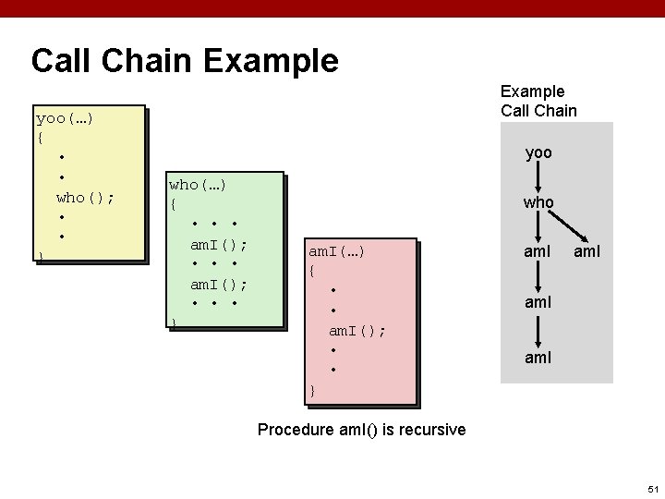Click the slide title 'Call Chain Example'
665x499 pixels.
[x=185, y=61]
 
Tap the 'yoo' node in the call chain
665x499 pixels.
[x=538, y=152]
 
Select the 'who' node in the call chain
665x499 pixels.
[x=538, y=201]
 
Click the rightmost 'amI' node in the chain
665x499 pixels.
[x=587, y=250]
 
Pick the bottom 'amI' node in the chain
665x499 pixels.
[x=538, y=355]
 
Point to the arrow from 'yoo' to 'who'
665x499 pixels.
[x=538, y=177]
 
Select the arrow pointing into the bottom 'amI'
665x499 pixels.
[x=538, y=328]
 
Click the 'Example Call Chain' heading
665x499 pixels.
[x=538, y=101]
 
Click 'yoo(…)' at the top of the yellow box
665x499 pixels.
[x=65, y=118]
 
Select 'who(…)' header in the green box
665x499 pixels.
[x=198, y=185]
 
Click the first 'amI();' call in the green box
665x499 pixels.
[x=218, y=245]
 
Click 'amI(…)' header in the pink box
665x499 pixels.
[x=336, y=251]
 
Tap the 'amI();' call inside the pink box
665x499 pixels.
[x=357, y=330]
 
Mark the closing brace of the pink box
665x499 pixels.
[x=312, y=391]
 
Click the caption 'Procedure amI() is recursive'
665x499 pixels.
[x=361, y=430]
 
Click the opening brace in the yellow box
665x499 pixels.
[x=40, y=138]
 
